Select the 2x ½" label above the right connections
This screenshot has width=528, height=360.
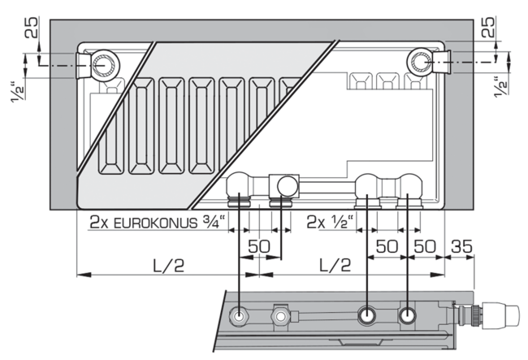pyautogui.click(x=330, y=222)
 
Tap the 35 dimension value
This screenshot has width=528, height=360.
pyautogui.click(x=461, y=246)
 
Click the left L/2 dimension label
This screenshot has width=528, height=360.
pyautogui.click(x=169, y=266)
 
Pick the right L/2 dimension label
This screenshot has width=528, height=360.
pyautogui.click(x=335, y=266)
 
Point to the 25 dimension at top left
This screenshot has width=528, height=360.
pyautogui.click(x=32, y=28)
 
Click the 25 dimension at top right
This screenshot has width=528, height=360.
pyautogui.click(x=488, y=27)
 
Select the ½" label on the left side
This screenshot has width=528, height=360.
pyautogui.click(x=18, y=91)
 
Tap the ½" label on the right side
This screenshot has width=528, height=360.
pyautogui.click(x=500, y=87)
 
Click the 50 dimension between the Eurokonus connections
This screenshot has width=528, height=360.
pyautogui.click(x=259, y=246)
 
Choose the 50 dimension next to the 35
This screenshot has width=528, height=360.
pyautogui.click(x=425, y=246)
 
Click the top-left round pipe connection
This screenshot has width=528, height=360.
pyautogui.click(x=106, y=65)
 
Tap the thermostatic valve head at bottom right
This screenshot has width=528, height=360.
pyautogui.click(x=501, y=315)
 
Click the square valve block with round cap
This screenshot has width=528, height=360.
pyautogui.click(x=283, y=185)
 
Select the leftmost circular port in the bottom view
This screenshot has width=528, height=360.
pyautogui.click(x=239, y=316)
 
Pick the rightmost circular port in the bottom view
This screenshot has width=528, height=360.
pyautogui.click(x=408, y=316)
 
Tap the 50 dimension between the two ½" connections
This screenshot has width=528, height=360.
pyautogui.click(x=387, y=246)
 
